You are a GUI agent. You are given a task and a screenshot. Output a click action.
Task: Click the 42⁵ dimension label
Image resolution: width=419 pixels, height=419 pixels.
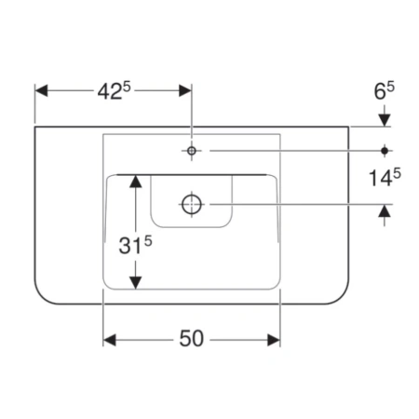coord(114,91)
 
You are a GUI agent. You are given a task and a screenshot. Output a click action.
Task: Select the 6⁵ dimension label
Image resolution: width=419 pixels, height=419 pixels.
coord(384,91)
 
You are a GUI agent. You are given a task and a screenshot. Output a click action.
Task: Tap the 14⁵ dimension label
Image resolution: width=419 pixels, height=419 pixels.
coord(385,178)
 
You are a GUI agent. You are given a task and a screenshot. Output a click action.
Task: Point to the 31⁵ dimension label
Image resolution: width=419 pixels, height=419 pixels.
coord(135,245)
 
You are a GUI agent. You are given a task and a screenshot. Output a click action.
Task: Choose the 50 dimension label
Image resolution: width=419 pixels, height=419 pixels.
coord(192,339)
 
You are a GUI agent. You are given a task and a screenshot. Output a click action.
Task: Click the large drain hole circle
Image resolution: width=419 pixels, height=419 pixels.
coord(192,204)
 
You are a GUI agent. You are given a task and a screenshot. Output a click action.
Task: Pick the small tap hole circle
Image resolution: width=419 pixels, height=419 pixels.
coord(192,151)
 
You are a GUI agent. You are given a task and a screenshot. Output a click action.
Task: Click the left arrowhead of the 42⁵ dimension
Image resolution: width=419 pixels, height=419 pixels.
coord(41,90)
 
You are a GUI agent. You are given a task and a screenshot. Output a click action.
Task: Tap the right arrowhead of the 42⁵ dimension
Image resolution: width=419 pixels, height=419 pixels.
coord(185,90)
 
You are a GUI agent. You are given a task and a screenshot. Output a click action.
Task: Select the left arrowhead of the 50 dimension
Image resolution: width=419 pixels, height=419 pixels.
coord(110,340)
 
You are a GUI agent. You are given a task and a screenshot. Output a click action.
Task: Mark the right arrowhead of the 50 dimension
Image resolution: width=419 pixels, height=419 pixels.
coord(274,340)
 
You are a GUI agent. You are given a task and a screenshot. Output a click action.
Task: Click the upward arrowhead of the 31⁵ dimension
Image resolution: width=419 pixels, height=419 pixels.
coord(136,182)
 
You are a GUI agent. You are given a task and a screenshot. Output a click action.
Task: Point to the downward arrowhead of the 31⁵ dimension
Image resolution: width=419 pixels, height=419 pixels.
coord(136,283)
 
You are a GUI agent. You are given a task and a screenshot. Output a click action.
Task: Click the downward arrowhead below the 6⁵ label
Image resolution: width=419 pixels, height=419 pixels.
coord(385,120)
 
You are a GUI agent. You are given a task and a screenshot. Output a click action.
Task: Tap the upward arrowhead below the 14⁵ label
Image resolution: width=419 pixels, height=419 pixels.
coord(385,210)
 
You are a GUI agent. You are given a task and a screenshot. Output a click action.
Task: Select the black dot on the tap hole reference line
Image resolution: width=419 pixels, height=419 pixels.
coord(385,151)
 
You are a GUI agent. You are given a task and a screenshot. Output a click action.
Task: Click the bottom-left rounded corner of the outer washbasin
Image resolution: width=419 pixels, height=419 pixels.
coord(42,297)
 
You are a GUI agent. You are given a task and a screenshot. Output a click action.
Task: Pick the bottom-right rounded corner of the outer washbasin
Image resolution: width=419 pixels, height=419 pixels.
coord(342,297)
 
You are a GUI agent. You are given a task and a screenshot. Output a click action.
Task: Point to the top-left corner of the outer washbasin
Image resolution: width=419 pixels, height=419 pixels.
coord(34,127)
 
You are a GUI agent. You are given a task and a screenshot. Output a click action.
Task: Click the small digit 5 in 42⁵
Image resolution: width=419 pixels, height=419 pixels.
coord(127,88)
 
